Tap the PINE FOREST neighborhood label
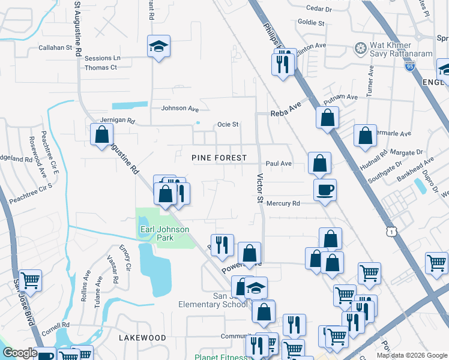(x=218, y=158)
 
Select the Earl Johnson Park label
(x=164, y=233)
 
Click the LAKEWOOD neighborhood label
(x=142, y=338)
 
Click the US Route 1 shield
(x=392, y=230)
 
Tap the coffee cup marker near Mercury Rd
(x=325, y=190)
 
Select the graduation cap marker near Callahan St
(x=159, y=46)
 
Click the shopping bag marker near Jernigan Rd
(x=101, y=134)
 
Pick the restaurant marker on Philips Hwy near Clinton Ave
(x=283, y=64)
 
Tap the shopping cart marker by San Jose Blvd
(x=30, y=280)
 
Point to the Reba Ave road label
(x=285, y=111)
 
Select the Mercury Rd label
(x=283, y=204)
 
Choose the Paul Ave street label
(x=279, y=163)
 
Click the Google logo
(x=20, y=353)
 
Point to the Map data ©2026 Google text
(x=411, y=355)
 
